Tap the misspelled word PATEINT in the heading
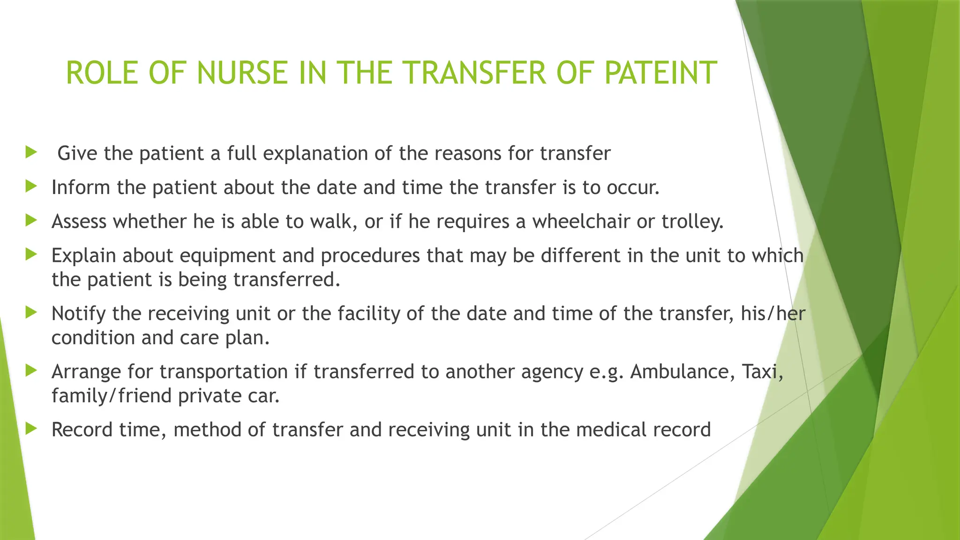[x=660, y=73]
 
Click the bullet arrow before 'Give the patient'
[x=31, y=152]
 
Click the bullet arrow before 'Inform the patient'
[x=31, y=186]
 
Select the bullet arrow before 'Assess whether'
[x=31, y=220]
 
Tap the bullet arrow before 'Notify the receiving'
[x=31, y=312]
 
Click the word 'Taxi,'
[x=762, y=372]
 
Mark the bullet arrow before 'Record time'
[x=31, y=428]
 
